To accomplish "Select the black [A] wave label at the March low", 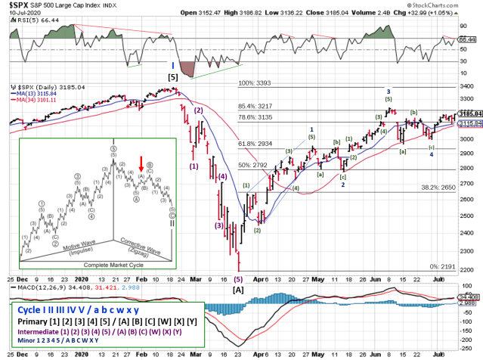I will click(x=238, y=290).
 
